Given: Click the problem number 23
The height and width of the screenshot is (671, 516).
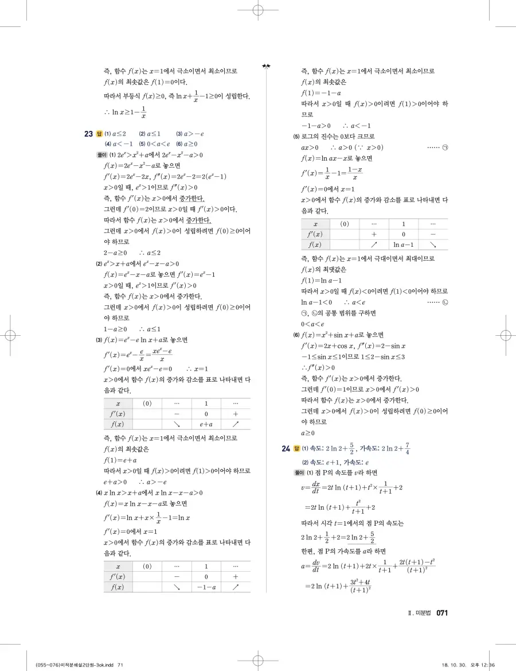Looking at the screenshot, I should [x=88, y=134].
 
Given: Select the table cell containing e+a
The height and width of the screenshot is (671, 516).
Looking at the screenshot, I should [x=206, y=424].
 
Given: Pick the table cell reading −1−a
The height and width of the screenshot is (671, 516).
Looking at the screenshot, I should [x=206, y=587].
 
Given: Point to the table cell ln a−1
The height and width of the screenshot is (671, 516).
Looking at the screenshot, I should [x=404, y=245].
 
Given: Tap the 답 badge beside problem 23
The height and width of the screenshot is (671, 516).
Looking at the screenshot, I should [x=99, y=134].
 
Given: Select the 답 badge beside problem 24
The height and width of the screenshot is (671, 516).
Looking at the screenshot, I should [x=297, y=448].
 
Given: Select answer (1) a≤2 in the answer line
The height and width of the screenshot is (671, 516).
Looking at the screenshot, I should [x=115, y=134].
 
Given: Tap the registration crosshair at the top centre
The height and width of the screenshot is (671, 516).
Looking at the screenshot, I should [x=257, y=10].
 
